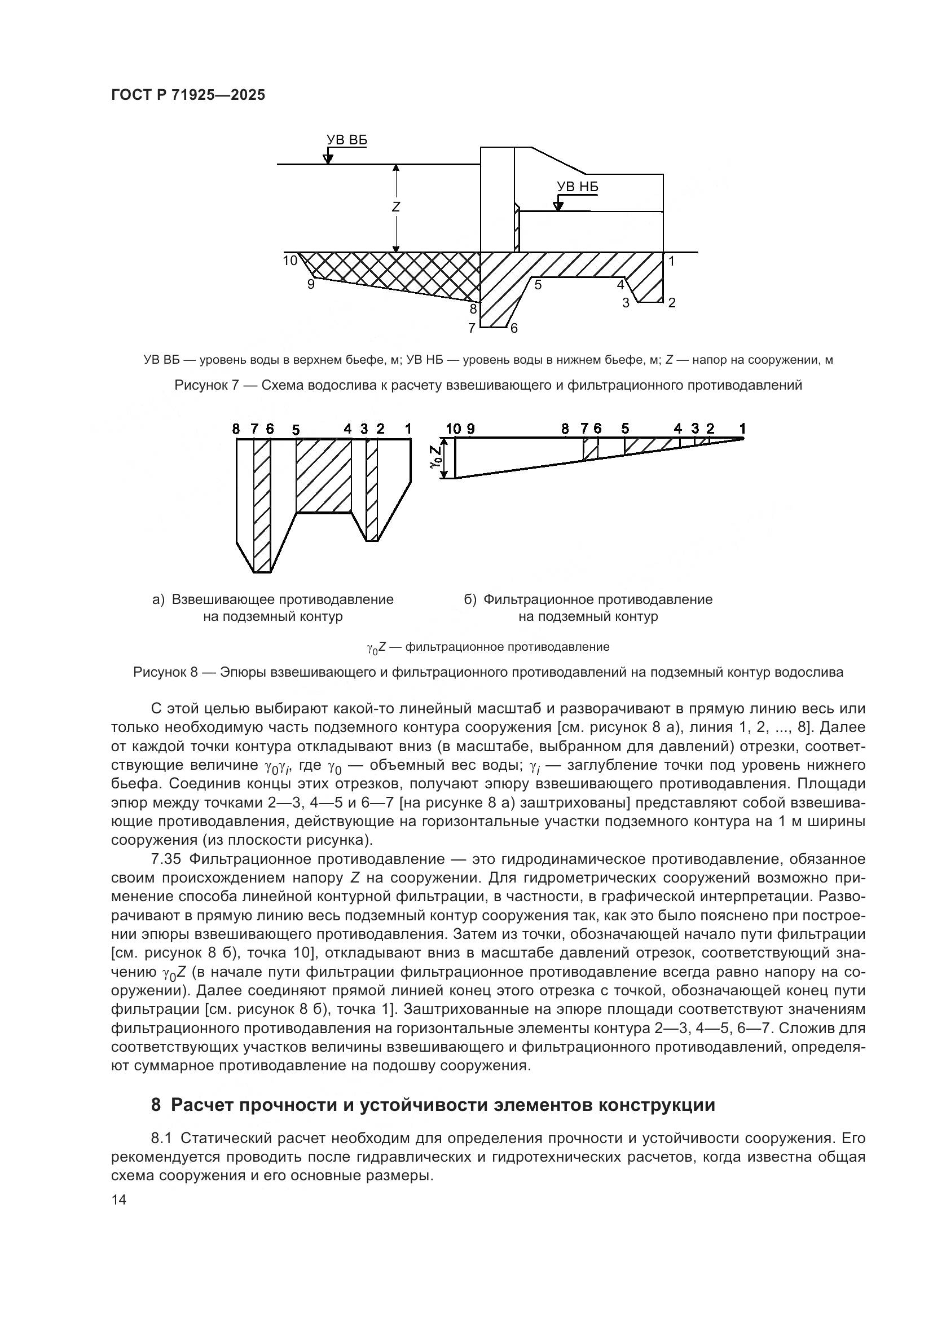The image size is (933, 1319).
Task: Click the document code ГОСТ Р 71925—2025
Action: tap(188, 95)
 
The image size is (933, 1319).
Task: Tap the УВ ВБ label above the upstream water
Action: tap(346, 141)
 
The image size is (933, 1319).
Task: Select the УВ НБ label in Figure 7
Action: tap(578, 187)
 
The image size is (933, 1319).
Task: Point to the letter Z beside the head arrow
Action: tap(396, 207)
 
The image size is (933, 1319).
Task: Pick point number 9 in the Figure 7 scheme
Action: tap(311, 284)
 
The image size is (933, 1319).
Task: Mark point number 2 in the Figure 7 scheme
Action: tap(672, 303)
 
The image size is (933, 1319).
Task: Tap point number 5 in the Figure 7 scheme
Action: tap(538, 284)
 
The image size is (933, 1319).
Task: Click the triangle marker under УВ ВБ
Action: tap(328, 158)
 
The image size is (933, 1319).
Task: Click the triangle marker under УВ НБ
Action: tap(557, 206)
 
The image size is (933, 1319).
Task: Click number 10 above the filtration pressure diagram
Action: tap(454, 429)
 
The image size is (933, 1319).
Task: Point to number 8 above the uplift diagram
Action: tap(236, 429)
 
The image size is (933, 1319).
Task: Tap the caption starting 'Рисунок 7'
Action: tap(488, 386)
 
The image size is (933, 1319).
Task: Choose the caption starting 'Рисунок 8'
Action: tap(488, 672)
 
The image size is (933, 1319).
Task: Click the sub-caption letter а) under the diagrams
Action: tap(159, 600)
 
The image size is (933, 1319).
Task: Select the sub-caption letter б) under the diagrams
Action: tap(470, 600)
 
